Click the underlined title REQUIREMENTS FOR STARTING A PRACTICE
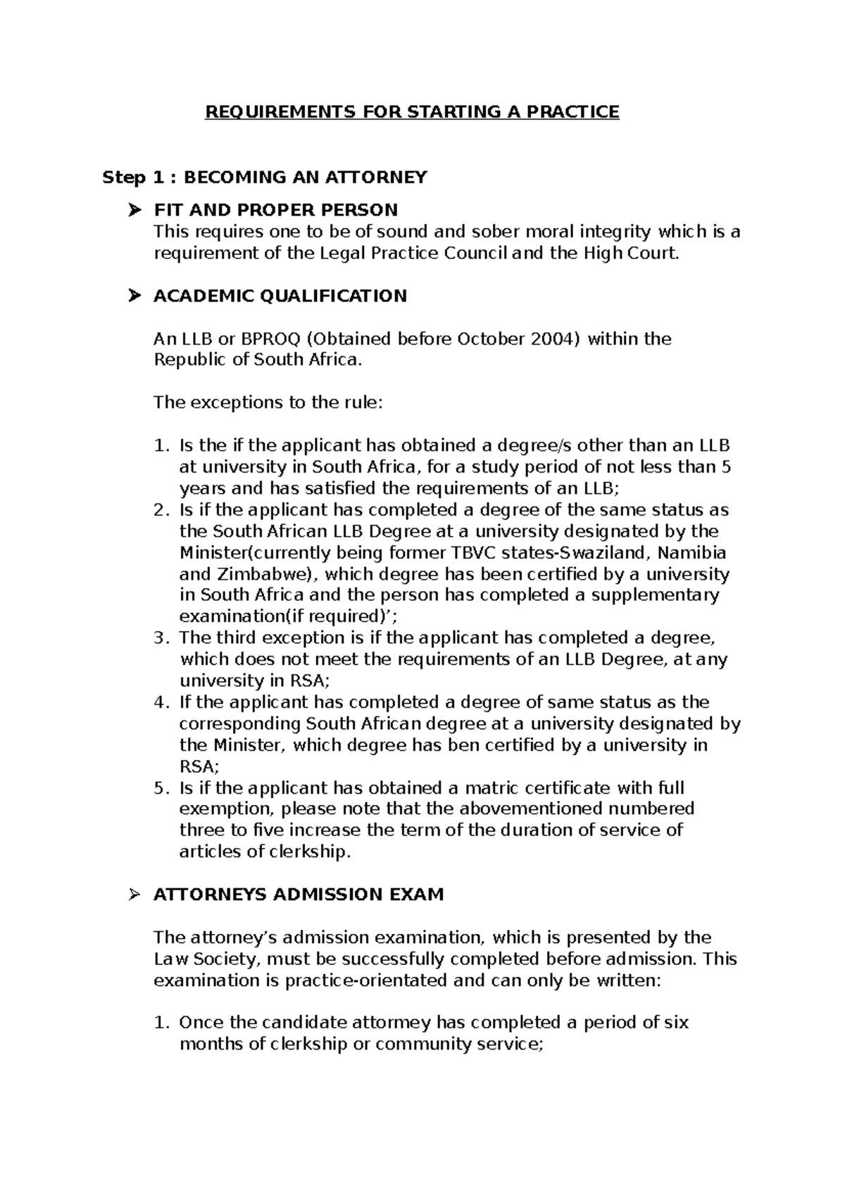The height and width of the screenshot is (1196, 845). pyautogui.click(x=412, y=112)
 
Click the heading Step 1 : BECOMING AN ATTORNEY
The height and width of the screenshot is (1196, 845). pyautogui.click(x=265, y=177)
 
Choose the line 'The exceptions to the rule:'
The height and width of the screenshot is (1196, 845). pyautogui.click(x=268, y=403)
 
